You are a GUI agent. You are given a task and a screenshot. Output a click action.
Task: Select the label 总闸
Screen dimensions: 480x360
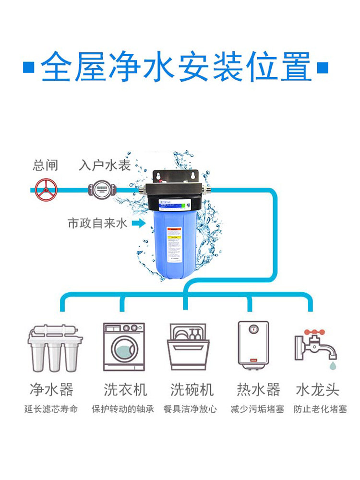(x=45, y=166)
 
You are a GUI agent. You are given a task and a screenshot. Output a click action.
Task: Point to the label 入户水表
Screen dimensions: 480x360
(x=104, y=166)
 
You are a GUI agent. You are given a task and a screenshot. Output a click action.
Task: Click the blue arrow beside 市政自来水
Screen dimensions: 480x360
(x=138, y=223)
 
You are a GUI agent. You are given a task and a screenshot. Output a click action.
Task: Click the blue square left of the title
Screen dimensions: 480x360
(x=29, y=67)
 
